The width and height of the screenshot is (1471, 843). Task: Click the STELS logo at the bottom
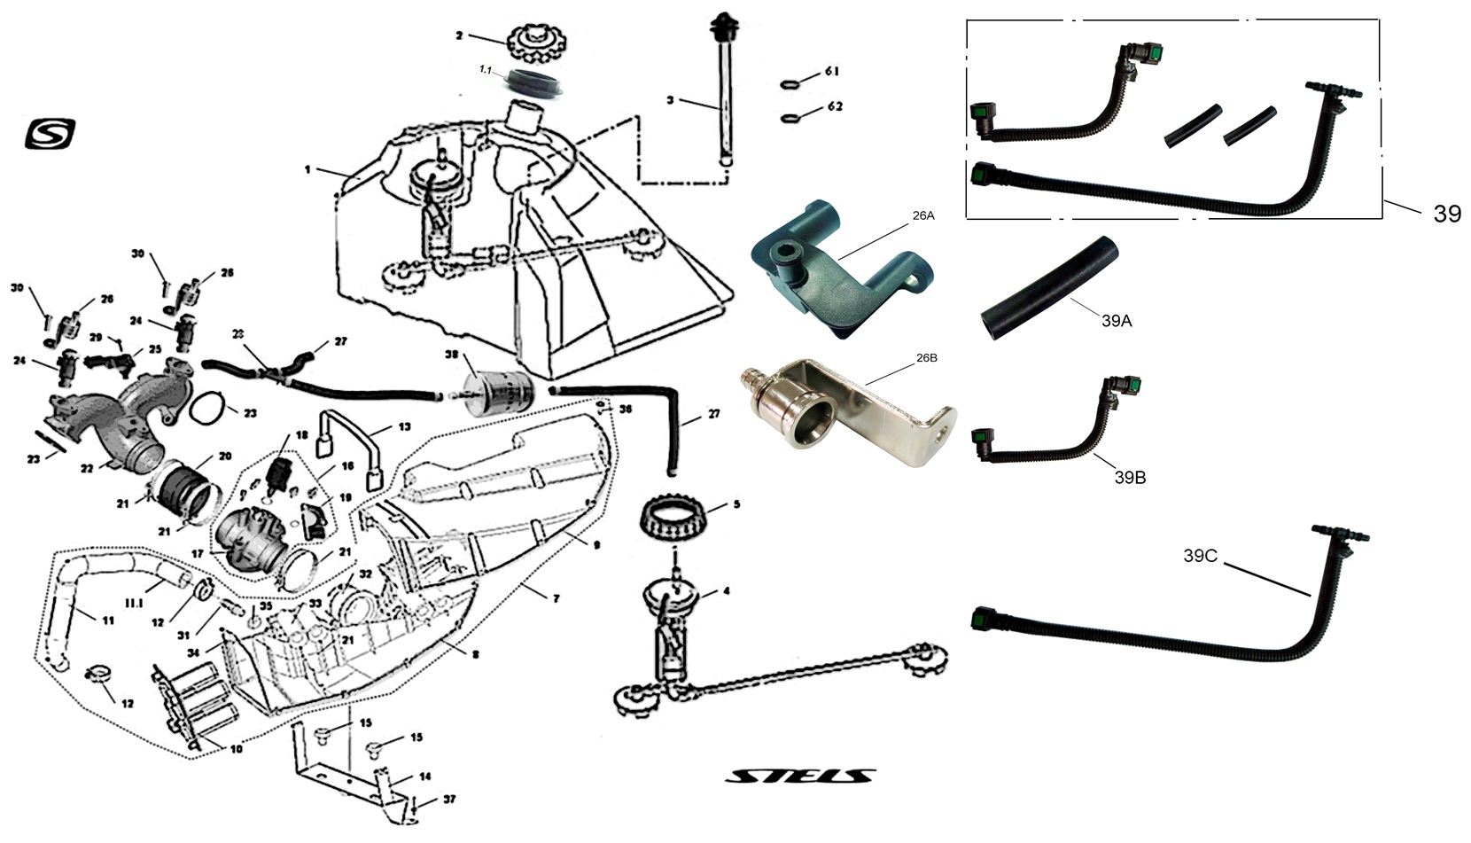tap(800, 777)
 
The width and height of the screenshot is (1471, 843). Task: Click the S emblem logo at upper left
tap(51, 134)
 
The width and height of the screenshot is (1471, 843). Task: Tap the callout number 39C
tap(1201, 556)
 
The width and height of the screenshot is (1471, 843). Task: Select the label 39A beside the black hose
tap(1117, 321)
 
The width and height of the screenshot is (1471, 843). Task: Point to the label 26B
tap(926, 357)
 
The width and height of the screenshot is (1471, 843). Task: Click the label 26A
tap(922, 215)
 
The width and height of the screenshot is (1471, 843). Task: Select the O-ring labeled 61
tap(792, 85)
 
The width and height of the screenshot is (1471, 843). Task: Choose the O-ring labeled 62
tap(792, 116)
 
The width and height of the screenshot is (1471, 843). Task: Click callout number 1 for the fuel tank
tap(307, 168)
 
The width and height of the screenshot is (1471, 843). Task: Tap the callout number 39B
tap(1130, 478)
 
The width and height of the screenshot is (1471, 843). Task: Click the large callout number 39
tap(1446, 214)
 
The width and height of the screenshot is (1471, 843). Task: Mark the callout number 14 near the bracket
tap(424, 777)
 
